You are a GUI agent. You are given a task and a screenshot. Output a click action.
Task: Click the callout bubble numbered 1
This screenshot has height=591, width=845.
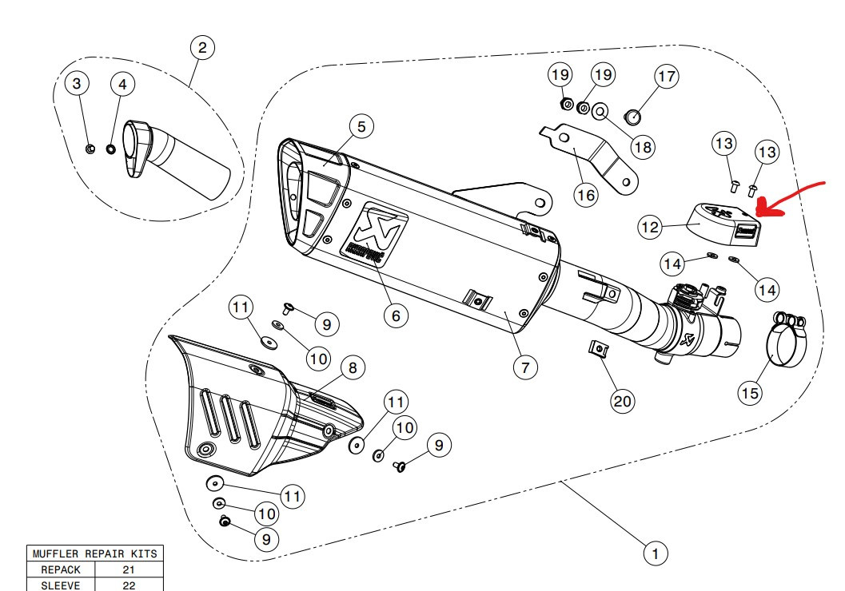point(656,552)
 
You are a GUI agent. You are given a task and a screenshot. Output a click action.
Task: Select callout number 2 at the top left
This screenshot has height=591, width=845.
point(202,48)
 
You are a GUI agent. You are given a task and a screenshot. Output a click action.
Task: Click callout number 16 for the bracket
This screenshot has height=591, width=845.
point(588,195)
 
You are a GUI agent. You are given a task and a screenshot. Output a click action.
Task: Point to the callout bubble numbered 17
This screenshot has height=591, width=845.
point(666,77)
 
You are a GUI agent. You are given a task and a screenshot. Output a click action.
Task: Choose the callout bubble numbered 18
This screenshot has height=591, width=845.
point(643,146)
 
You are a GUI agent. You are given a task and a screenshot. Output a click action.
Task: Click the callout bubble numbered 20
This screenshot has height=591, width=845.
point(622,401)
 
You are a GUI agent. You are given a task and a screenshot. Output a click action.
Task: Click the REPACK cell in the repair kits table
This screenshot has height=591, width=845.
point(61,570)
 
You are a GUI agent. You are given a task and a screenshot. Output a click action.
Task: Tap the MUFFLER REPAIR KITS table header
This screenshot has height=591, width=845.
point(95,554)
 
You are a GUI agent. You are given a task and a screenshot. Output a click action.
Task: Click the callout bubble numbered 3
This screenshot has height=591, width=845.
point(76,83)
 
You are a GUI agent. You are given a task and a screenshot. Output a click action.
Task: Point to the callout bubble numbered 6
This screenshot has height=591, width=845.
point(395,315)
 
